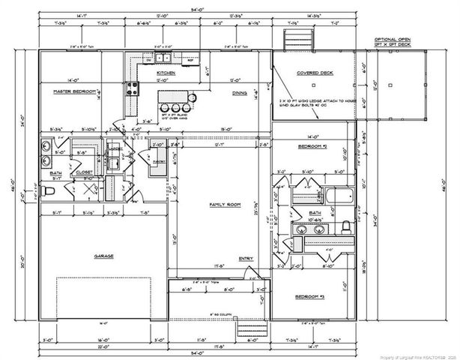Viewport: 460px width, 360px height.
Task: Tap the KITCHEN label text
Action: (166, 73)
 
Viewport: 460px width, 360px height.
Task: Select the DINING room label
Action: (240, 92)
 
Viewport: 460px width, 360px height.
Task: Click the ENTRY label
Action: (246, 259)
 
